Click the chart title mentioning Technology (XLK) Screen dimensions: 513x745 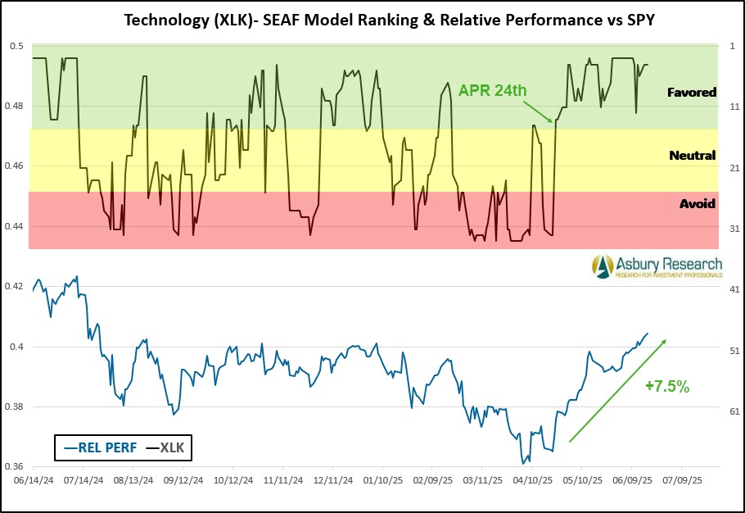coord(372,19)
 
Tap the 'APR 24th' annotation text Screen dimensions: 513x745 coord(492,90)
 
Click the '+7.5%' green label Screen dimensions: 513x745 coord(666,386)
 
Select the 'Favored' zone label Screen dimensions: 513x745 coord(692,93)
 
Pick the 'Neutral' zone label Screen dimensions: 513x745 coord(692,155)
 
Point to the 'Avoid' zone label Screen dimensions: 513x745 coord(698,203)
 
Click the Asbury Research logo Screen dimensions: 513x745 coord(657,266)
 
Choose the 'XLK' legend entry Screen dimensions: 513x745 coord(165,448)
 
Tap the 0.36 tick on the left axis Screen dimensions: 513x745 coord(15,466)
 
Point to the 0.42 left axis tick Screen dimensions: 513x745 coord(15,287)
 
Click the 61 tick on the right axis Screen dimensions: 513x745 coord(734,411)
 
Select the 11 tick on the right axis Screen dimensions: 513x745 coord(734,107)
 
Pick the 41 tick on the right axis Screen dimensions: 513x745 coord(734,289)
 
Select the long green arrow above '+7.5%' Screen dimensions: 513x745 coord(617,391)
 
